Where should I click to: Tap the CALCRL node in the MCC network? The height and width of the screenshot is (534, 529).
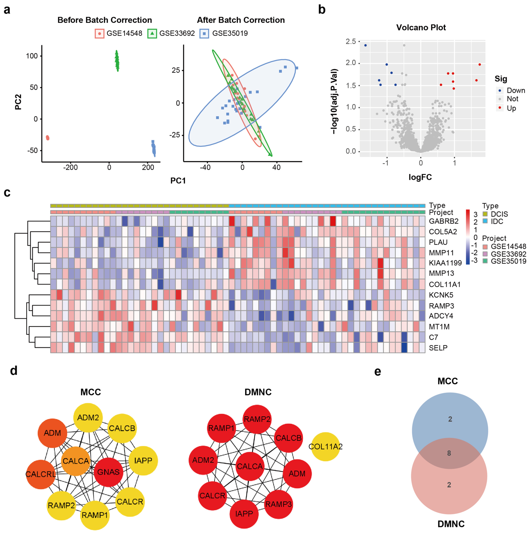coord(41,474)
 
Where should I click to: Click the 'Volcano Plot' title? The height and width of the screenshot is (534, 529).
coord(421,28)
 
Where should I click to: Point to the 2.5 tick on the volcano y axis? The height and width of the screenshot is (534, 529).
coord(351,41)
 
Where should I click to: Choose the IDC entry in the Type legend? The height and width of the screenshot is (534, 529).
coord(497,221)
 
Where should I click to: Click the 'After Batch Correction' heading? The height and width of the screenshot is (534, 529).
coord(241,20)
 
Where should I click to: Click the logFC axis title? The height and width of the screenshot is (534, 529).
coord(420,177)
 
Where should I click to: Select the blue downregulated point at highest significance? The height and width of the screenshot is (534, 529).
coord(366,45)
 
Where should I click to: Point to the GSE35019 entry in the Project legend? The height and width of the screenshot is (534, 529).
coord(508,261)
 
